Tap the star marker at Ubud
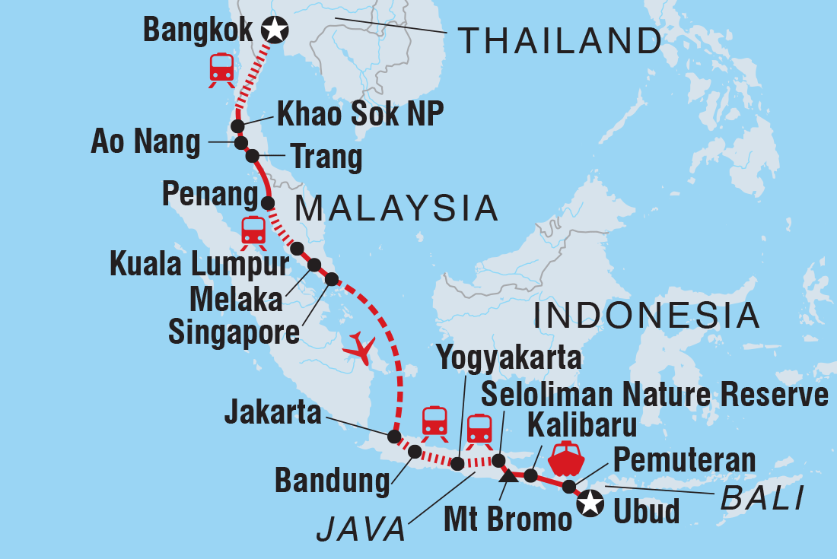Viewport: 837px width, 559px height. pos(590,503)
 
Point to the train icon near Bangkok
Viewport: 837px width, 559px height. pos(221,70)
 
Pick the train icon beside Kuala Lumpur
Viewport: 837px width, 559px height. pos(253,233)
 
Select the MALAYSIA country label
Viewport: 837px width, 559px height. pos(396,208)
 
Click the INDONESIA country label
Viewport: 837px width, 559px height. pos(647,316)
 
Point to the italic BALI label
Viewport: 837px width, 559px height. pos(761,500)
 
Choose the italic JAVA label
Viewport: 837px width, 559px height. pos(361,530)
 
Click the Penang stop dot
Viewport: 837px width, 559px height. pos(267,203)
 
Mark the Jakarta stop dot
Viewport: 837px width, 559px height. pos(393,437)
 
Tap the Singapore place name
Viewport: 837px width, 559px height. pos(234,333)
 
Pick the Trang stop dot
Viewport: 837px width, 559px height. pos(252,156)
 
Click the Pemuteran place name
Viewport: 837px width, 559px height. pos(684,459)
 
